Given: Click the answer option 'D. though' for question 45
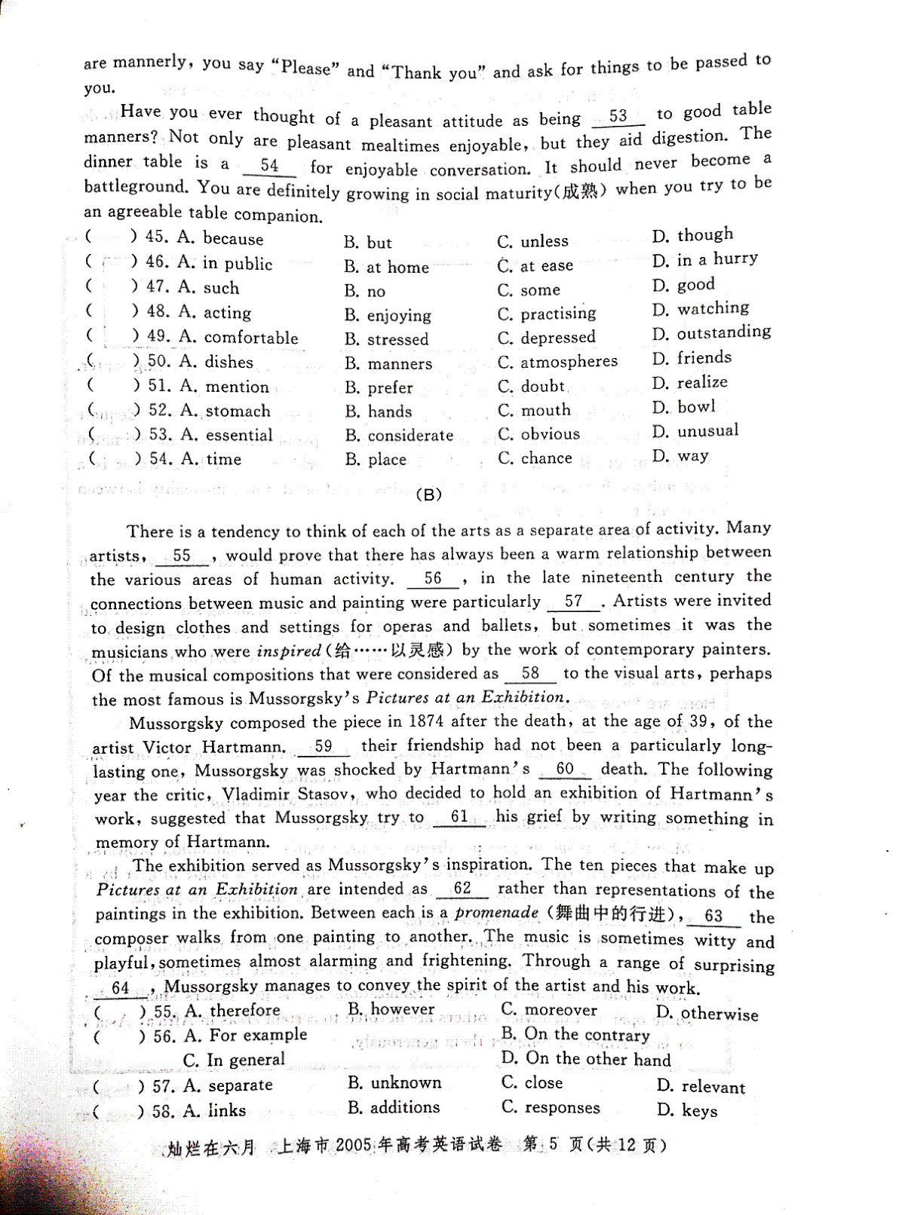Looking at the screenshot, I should [692, 235].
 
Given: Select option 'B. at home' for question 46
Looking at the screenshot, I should [386, 267].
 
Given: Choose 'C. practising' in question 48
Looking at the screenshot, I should [547, 313].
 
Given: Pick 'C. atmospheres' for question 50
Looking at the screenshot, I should [557, 362].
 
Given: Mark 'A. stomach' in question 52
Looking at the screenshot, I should [225, 411].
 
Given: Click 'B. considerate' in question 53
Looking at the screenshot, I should [399, 436].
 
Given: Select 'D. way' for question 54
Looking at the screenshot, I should [680, 456].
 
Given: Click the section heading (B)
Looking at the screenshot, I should [428, 495].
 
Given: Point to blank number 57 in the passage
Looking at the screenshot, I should [573, 601].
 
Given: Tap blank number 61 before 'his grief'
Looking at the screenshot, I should [459, 817].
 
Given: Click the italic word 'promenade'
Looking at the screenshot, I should [497, 913].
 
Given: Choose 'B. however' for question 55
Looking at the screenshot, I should [391, 1009].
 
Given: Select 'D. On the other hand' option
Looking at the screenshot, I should [586, 1059].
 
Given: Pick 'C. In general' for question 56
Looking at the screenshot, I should [235, 1060].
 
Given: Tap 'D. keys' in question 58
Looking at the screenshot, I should [687, 1110].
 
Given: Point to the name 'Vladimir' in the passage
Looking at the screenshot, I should [256, 794].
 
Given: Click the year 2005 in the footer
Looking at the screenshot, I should [354, 1146].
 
